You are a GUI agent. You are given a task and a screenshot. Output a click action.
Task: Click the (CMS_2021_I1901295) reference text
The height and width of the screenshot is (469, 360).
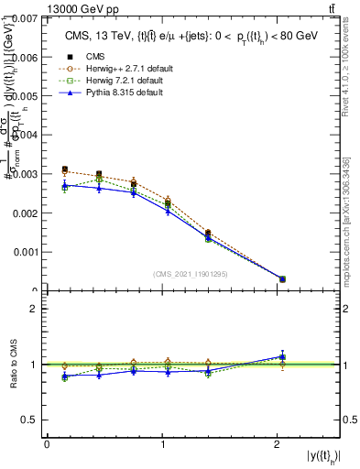pyautogui.click(x=191, y=274)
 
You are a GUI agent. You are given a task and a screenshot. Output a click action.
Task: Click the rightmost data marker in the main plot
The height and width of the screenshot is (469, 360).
pyautogui.click(x=282, y=278)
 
